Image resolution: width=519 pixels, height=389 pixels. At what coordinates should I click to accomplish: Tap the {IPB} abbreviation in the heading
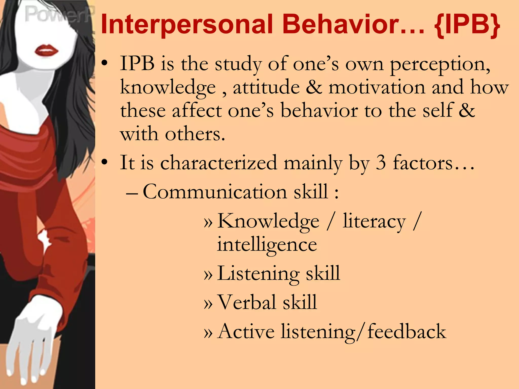pyautogui.click(x=467, y=25)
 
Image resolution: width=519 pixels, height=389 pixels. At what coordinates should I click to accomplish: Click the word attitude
pyautogui.click(x=266, y=87)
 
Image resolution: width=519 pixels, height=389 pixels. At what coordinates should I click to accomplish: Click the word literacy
pyautogui.click(x=374, y=221)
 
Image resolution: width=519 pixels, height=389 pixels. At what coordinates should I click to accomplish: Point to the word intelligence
pyautogui.click(x=267, y=245)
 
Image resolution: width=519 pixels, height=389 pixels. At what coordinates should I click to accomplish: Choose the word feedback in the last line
pyautogui.click(x=406, y=331)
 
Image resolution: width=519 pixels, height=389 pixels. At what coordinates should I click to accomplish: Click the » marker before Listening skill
pyautogui.click(x=208, y=275)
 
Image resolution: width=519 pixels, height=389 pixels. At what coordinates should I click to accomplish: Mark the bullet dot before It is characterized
pyautogui.click(x=105, y=162)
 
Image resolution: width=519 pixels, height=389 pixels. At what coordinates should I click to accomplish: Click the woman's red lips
pyautogui.click(x=46, y=50)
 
